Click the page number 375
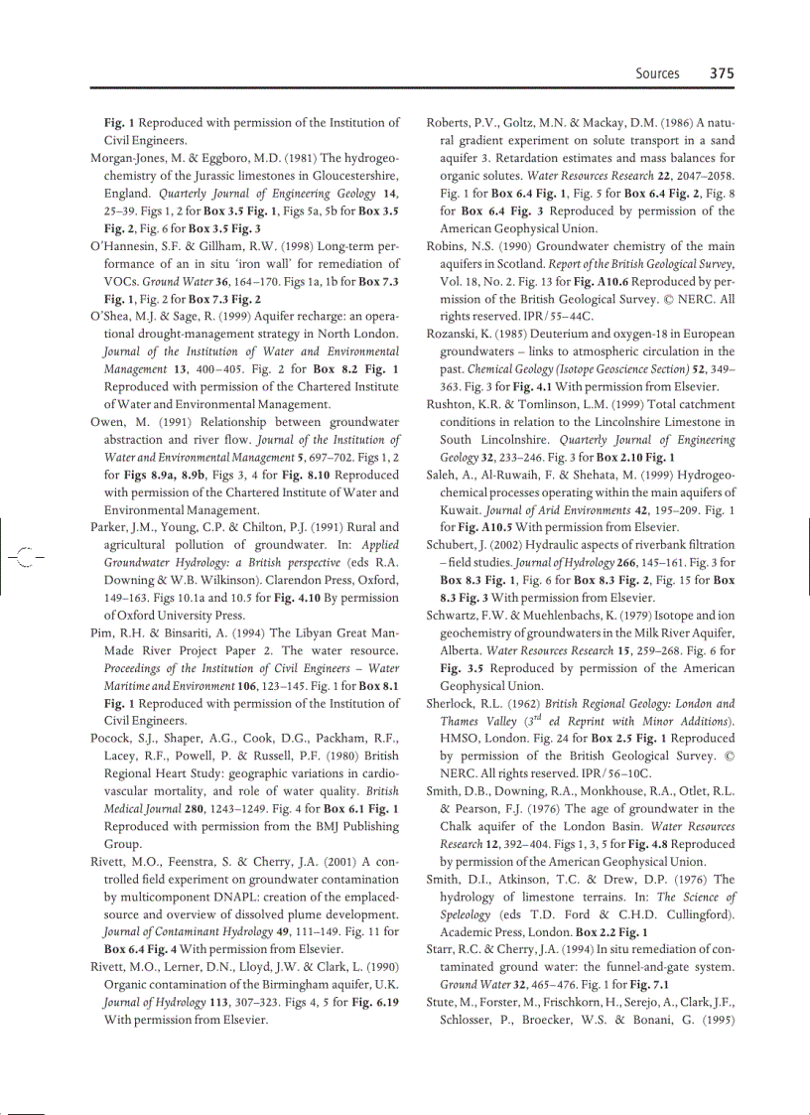pyautogui.click(x=721, y=72)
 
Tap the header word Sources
pyautogui.click(x=657, y=72)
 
